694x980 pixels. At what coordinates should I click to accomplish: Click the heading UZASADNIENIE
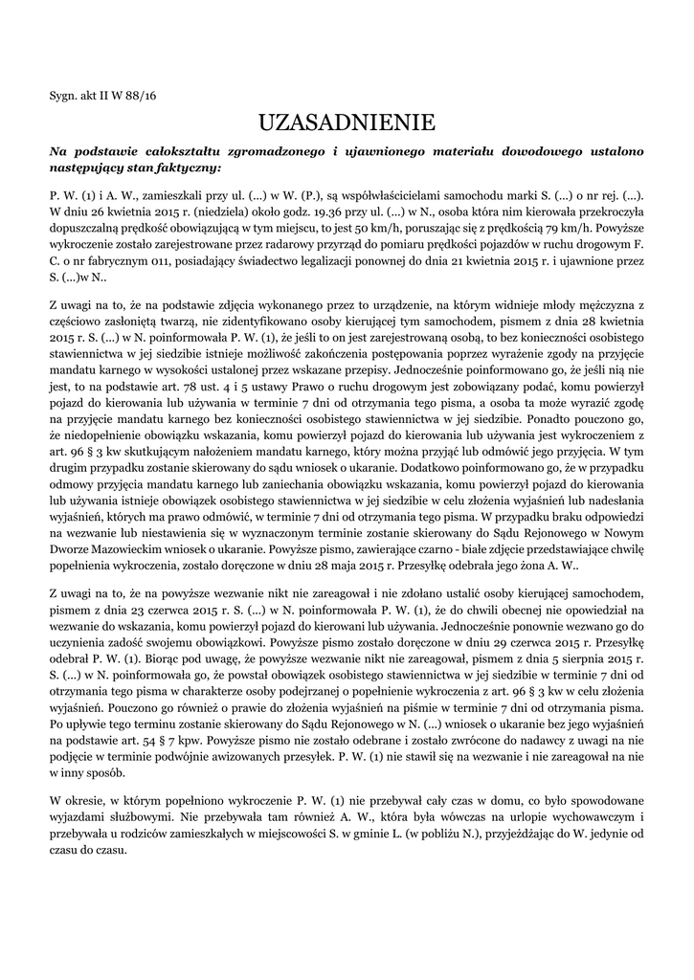347,122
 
